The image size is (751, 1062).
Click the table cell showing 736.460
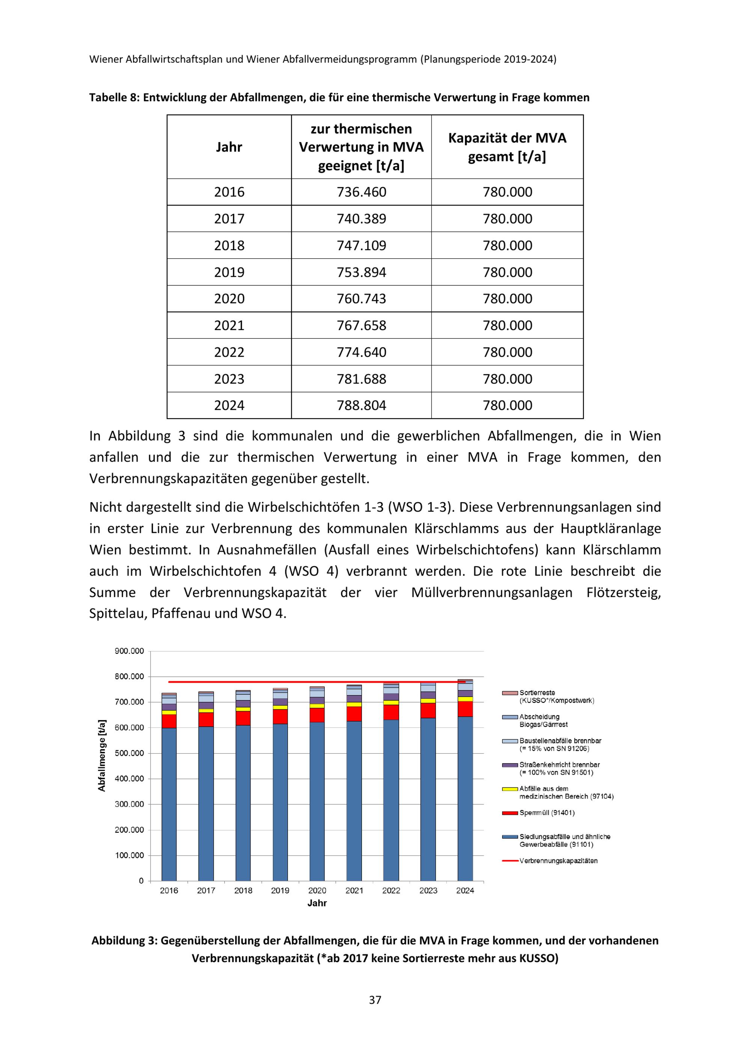(x=361, y=192)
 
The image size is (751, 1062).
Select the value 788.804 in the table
(x=361, y=406)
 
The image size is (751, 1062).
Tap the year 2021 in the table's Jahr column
(x=229, y=326)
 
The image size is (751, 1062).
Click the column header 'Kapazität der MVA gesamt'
(x=507, y=147)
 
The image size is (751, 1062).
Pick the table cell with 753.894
(x=361, y=272)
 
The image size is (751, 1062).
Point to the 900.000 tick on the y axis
(x=130, y=651)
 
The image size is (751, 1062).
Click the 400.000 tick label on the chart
(x=130, y=779)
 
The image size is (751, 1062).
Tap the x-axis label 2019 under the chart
(x=280, y=891)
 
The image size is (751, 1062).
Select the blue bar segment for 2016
(x=169, y=805)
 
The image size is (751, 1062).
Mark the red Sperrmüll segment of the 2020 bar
(x=317, y=715)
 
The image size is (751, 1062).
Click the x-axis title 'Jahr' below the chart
(x=317, y=904)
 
